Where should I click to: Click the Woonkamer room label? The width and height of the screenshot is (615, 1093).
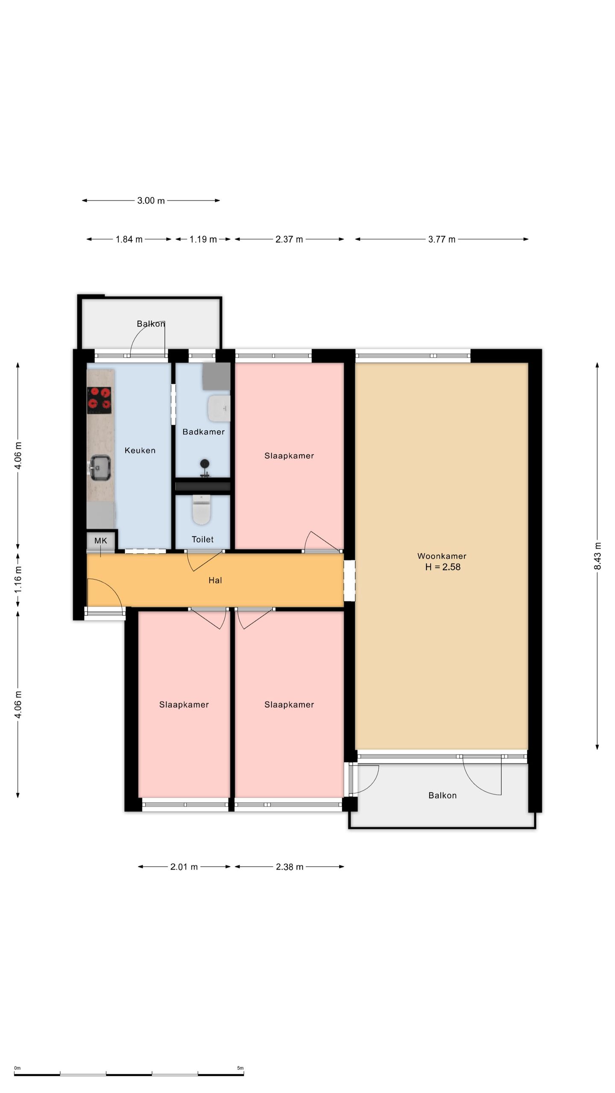pyautogui.click(x=442, y=556)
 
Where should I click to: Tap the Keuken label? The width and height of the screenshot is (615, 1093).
pyautogui.click(x=140, y=450)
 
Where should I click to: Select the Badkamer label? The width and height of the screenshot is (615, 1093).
pyautogui.click(x=203, y=432)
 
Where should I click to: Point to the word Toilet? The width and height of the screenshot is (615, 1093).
pyautogui.click(x=202, y=539)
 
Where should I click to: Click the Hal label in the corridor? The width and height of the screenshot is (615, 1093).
pyautogui.click(x=215, y=580)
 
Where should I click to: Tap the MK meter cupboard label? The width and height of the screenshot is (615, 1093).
pyautogui.click(x=101, y=541)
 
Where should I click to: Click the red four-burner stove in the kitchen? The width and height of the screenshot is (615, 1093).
pyautogui.click(x=99, y=400)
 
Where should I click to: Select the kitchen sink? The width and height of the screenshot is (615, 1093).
pyautogui.click(x=100, y=468)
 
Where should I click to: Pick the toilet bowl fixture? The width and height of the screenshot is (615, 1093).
pyautogui.click(x=202, y=509)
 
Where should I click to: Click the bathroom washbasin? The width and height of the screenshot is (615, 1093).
pyautogui.click(x=219, y=408)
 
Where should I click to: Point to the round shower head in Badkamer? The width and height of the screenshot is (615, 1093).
pyautogui.click(x=205, y=464)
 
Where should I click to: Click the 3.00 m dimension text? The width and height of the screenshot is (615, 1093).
pyautogui.click(x=151, y=201)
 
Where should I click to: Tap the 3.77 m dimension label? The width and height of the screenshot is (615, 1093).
pyautogui.click(x=442, y=240)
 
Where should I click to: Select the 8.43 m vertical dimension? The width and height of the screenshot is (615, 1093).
pyautogui.click(x=597, y=556)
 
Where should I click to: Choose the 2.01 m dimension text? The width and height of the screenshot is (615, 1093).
pyautogui.click(x=184, y=867)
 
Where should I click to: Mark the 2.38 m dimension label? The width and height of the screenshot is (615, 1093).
pyautogui.click(x=290, y=867)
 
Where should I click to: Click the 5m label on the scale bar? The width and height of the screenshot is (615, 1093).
pyautogui.click(x=240, y=1068)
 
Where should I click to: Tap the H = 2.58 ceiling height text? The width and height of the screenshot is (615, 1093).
pyautogui.click(x=443, y=567)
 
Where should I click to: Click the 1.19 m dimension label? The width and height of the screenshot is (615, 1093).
pyautogui.click(x=203, y=240)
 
